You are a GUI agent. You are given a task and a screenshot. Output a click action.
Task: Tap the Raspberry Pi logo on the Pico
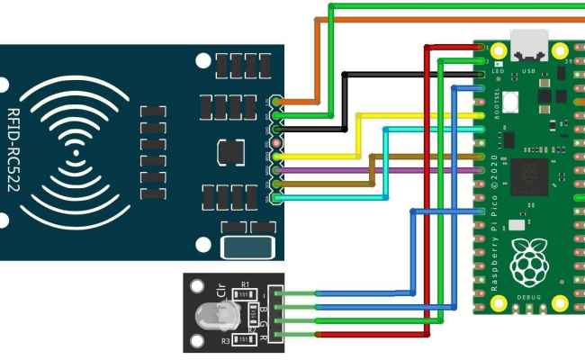528,261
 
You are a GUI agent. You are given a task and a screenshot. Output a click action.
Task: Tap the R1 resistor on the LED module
243,292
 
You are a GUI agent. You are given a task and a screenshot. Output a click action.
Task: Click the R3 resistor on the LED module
241,339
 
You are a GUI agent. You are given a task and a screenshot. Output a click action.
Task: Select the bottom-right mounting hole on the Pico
560,301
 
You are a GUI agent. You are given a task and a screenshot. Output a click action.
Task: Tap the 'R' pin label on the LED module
263,339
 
